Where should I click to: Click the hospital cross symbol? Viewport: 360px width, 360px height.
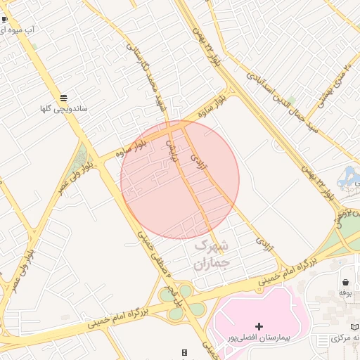click(259, 326)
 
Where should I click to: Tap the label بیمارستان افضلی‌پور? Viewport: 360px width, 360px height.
click(259, 338)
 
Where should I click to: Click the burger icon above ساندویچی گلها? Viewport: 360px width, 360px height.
click(64, 98)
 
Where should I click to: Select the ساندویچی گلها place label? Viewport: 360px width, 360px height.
click(63, 110)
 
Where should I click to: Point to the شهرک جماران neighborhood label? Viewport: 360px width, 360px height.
click(212, 255)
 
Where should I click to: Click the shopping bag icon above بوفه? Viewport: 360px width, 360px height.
click(345, 281)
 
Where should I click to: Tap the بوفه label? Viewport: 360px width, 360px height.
click(345, 292)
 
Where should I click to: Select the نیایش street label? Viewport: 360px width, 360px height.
click(170, 150)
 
